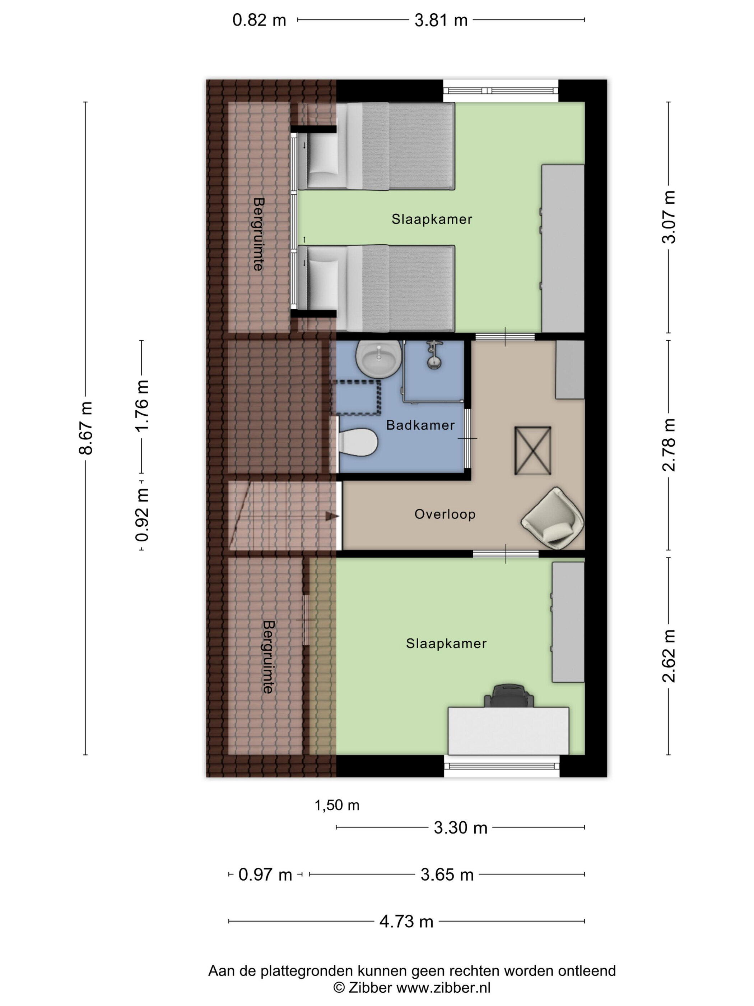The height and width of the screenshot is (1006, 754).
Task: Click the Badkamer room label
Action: point(420,425)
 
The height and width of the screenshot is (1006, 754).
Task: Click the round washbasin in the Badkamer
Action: point(378,359)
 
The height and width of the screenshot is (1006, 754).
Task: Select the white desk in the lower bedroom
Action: point(508,731)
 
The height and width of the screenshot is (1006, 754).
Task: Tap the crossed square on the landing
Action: point(532,451)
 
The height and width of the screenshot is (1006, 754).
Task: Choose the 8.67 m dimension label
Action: point(85,428)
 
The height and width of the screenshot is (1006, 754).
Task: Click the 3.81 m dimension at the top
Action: point(441,20)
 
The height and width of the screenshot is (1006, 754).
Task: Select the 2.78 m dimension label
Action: point(669,444)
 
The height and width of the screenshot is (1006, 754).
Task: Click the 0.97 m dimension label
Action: point(265,875)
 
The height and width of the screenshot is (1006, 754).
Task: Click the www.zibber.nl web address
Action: point(443,987)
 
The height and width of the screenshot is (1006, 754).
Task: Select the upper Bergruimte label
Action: point(258,234)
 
